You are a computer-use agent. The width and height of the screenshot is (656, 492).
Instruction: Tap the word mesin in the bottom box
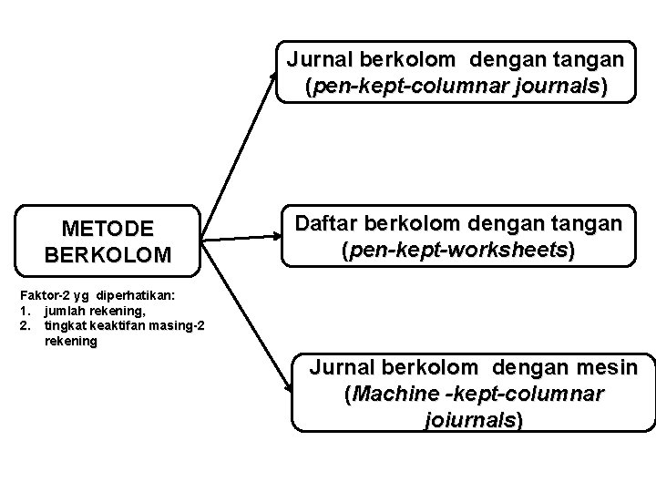click(x=615, y=369)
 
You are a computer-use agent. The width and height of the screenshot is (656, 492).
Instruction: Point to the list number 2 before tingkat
click(x=6, y=325)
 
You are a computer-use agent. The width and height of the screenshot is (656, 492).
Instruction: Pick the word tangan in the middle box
click(x=585, y=223)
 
